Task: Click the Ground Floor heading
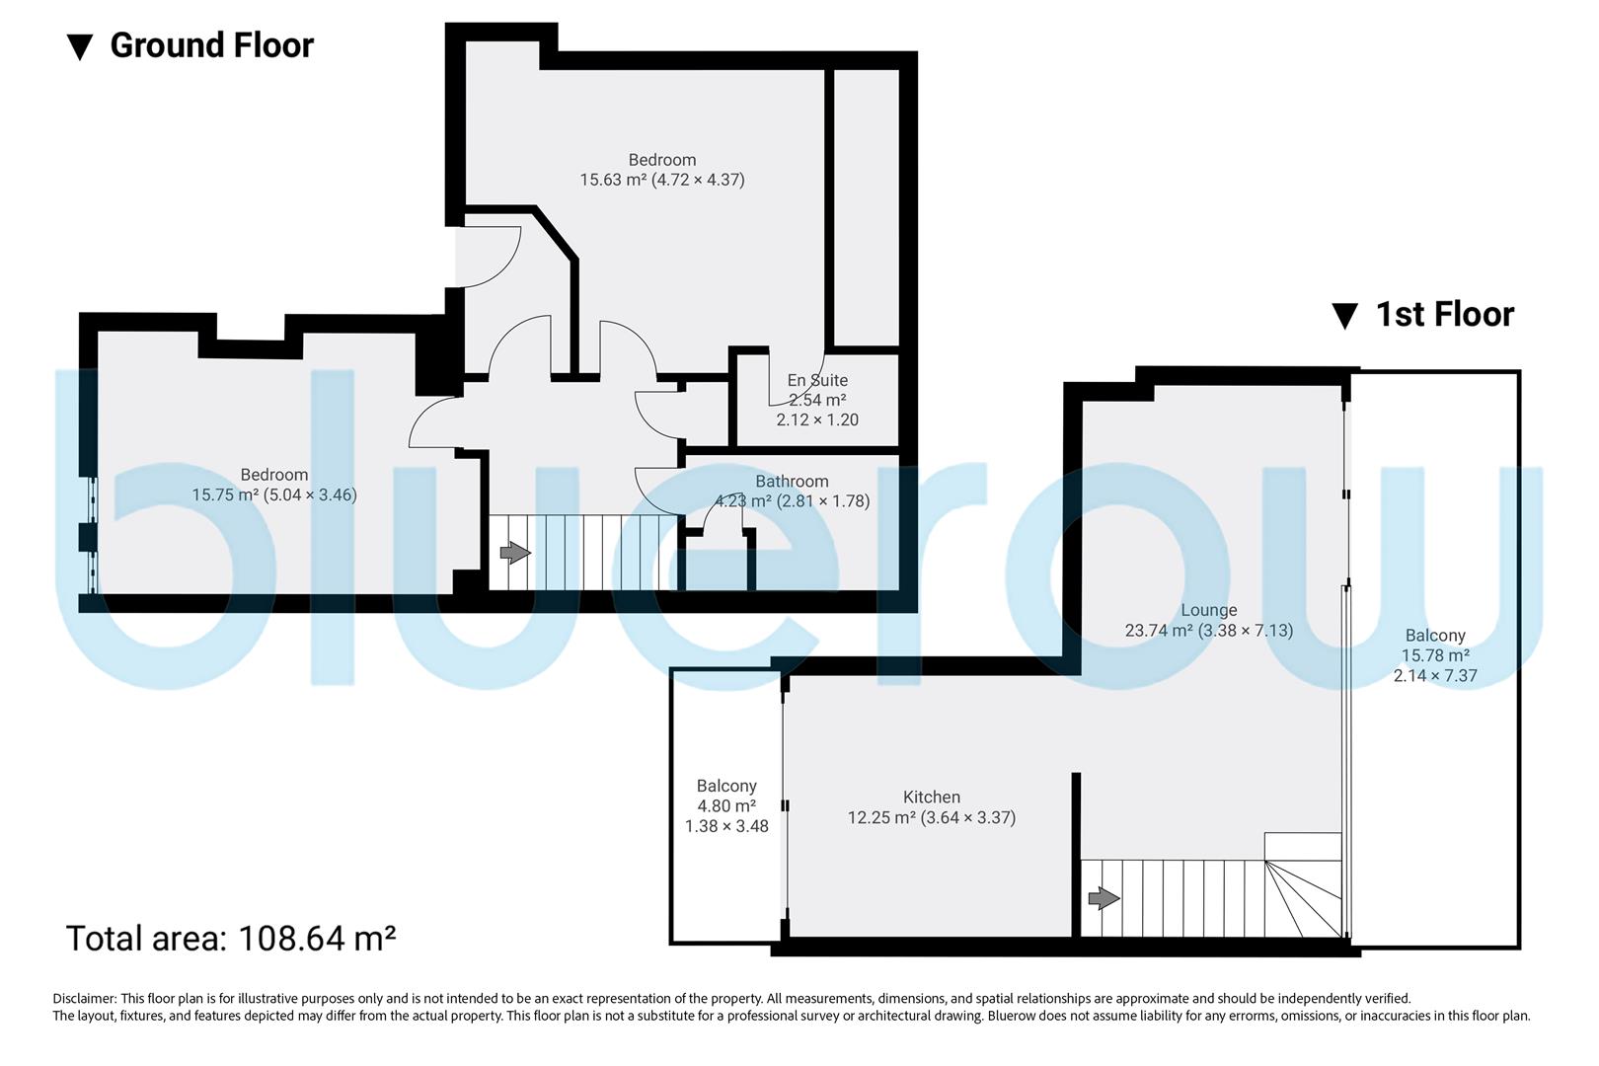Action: [211, 45]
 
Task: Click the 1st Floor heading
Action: [1444, 315]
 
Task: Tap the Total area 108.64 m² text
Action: [231, 938]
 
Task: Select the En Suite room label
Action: [817, 380]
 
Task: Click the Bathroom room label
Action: [792, 482]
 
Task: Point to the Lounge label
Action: [1208, 610]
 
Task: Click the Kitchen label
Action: [931, 798]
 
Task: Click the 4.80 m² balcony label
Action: [726, 805]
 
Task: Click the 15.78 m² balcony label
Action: [1435, 655]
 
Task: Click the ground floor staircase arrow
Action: [514, 553]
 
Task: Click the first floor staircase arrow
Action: [1104, 898]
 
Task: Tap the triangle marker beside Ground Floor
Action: [80, 46]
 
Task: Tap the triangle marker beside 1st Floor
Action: [1344, 316]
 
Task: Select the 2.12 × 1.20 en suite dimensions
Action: [817, 419]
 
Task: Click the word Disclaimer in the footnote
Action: [84, 999]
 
